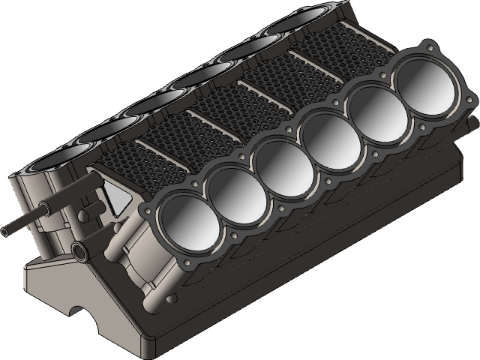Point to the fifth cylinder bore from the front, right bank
pyautogui.click(x=372, y=107)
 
